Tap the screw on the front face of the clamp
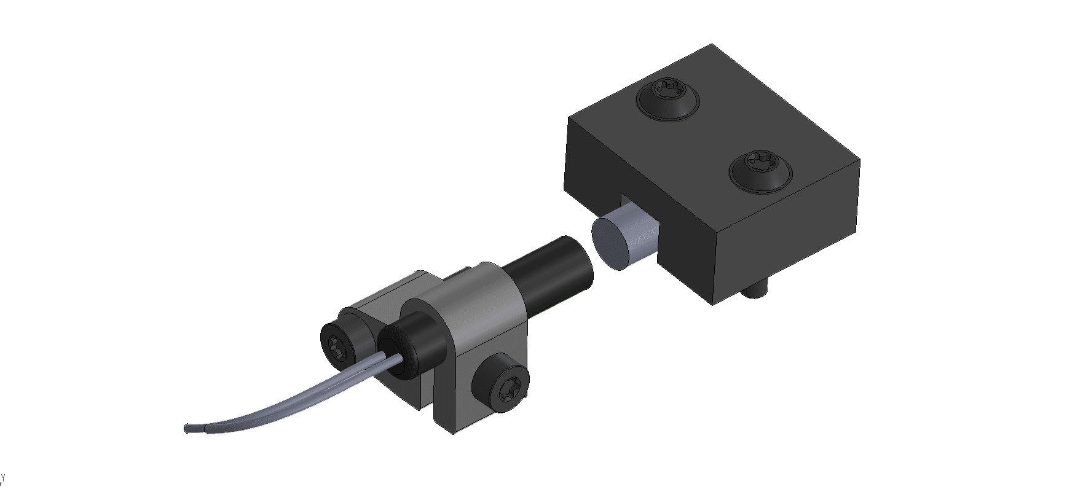coord(500,388)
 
